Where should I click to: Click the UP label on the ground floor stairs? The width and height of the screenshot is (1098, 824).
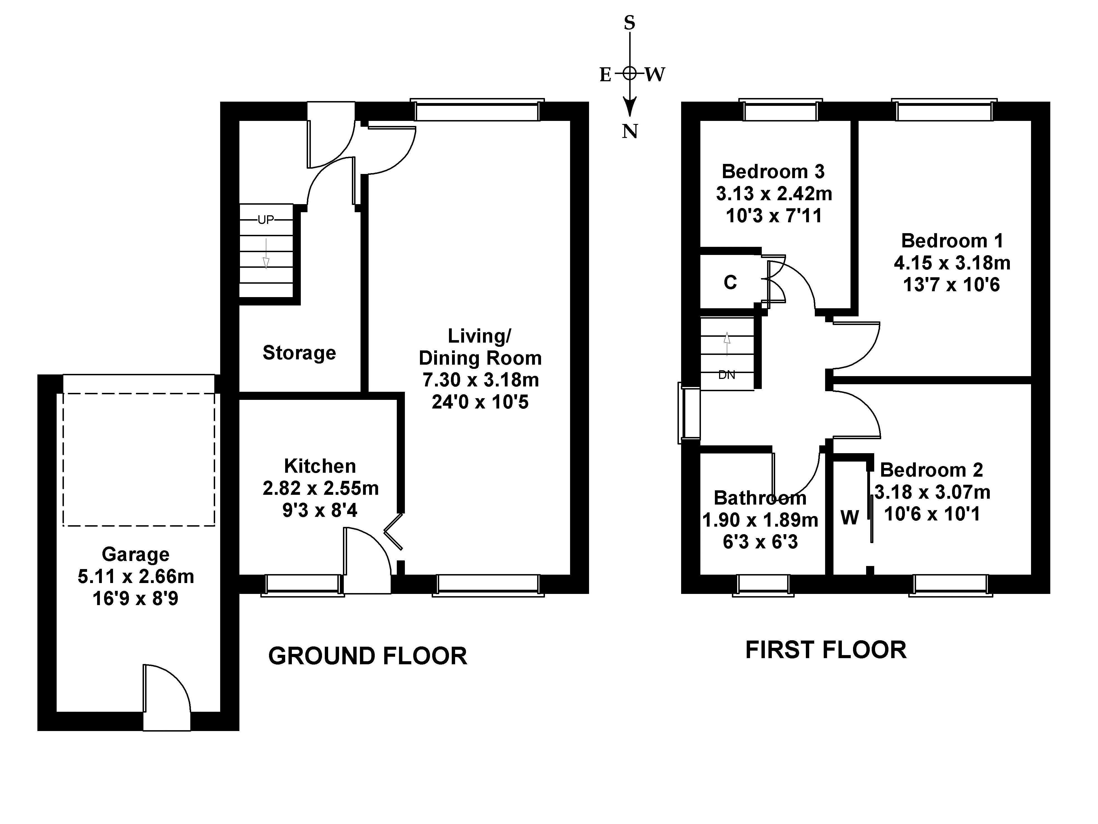tap(266, 219)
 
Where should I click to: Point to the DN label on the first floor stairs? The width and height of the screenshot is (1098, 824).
tap(727, 375)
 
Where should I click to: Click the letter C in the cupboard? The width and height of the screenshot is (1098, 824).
tap(730, 282)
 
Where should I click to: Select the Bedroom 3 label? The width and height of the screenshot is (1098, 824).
tap(773, 171)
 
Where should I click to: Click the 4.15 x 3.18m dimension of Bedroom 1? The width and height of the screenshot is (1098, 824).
tap(952, 263)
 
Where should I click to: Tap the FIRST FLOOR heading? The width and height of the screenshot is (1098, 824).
tap(826, 650)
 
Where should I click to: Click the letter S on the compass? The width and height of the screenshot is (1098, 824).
tap(630, 22)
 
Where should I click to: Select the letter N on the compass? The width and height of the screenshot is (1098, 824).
tap(630, 131)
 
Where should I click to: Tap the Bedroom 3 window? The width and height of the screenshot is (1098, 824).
tap(780, 110)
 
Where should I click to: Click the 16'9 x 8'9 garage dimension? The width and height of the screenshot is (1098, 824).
tap(136, 598)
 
